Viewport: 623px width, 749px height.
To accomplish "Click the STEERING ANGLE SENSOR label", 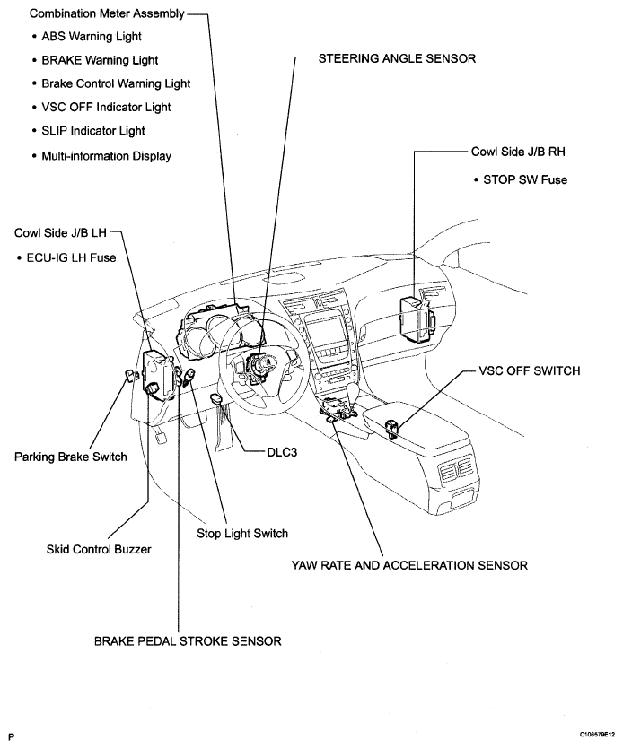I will tap(397, 58).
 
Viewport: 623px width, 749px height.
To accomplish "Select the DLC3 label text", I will tap(282, 454).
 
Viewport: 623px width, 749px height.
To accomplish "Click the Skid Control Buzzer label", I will tap(100, 549).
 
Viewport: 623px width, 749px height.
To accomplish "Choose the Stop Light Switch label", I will tap(242, 534).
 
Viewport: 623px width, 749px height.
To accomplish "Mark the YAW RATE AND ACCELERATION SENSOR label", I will tap(409, 565).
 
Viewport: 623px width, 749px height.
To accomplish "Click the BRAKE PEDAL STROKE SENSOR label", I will tap(189, 641).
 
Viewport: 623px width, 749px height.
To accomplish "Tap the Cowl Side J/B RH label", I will tap(519, 152).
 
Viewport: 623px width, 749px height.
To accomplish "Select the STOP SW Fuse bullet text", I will tap(525, 179).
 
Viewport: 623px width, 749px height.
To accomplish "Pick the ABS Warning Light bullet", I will tap(92, 37).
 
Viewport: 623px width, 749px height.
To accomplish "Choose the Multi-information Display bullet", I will tap(106, 155).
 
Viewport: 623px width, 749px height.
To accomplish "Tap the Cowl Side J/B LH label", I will tap(61, 232).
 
